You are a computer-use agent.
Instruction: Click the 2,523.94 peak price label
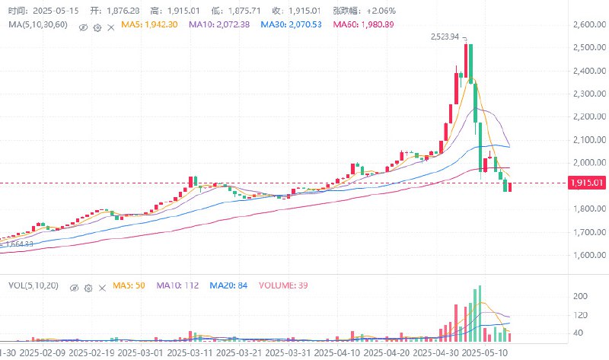[x=445, y=37]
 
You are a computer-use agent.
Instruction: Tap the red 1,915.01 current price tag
[x=586, y=183]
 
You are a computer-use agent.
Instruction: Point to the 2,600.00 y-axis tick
[x=586, y=25]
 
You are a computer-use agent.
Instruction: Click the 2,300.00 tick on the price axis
[x=586, y=94]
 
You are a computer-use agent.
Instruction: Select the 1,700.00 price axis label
[x=586, y=231]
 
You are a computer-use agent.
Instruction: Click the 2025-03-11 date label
[x=191, y=352]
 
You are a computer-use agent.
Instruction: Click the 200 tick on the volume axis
[x=579, y=295]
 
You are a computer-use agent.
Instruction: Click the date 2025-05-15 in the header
[x=55, y=11]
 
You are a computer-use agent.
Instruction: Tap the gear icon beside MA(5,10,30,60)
[x=97, y=26]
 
